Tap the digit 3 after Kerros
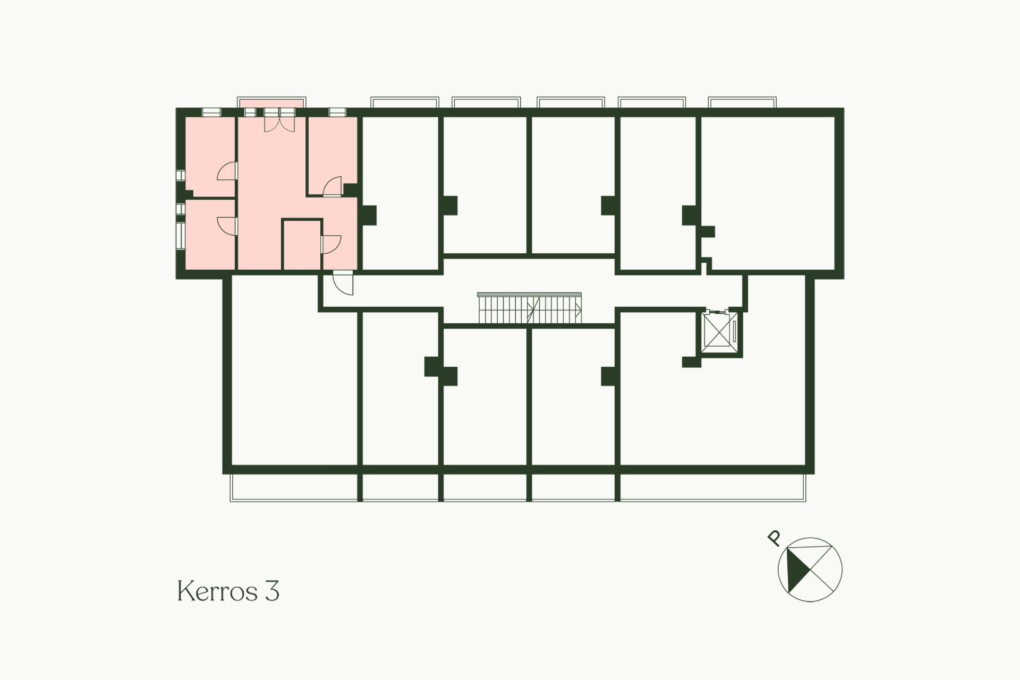point(271,591)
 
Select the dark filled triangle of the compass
point(796,571)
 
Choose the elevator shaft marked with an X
point(717,330)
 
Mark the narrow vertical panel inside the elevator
point(734,331)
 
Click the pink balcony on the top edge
point(271,102)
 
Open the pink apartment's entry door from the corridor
point(343,282)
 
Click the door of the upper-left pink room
point(227,171)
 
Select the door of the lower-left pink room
point(227,226)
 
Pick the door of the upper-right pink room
point(333,187)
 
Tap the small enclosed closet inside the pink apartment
point(302,245)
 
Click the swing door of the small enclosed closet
point(330,244)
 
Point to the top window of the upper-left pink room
point(211,112)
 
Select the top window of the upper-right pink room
point(336,112)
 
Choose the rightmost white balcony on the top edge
point(743,102)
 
